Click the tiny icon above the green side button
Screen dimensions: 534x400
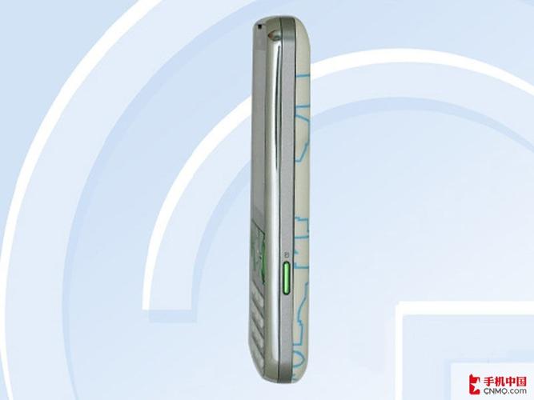287,254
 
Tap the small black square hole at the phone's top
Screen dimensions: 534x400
260,26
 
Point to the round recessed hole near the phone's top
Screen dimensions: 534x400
273,34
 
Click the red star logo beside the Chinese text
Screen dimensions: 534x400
475,384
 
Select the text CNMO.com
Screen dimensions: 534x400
504,390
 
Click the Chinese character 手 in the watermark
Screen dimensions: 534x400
488,380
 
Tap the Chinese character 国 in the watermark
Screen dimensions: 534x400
521,380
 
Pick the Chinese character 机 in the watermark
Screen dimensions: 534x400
499,380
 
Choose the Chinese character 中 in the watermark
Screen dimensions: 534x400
510,380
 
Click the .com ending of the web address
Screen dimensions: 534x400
518,390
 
